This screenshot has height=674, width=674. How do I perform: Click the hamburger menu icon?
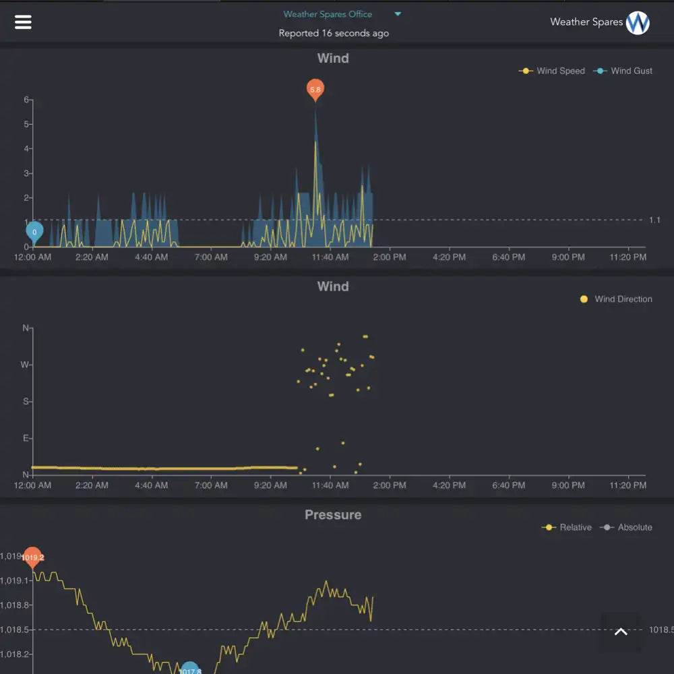pos(23,22)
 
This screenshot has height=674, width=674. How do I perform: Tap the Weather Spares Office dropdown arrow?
pos(398,14)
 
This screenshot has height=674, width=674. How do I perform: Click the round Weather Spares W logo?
pos(638,23)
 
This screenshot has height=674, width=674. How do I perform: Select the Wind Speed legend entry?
pos(552,71)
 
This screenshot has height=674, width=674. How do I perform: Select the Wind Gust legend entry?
pos(623,71)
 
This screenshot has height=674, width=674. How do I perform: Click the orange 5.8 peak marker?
pos(315,89)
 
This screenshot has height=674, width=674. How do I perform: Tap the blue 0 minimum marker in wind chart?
pos(34,232)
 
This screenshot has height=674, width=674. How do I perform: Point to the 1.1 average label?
pos(654,220)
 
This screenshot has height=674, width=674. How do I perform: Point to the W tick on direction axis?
pos(26,365)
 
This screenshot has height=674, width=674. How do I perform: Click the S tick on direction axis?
pos(26,402)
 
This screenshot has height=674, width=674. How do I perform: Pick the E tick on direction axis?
pos(26,438)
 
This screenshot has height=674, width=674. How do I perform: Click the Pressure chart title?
pos(333,515)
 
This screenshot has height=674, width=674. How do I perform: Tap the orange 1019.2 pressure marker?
pos(32,557)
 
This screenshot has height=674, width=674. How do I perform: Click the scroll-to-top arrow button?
pos(621,632)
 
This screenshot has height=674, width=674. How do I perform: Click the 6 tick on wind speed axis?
pos(26,100)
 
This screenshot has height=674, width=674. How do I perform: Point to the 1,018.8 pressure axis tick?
pos(15,605)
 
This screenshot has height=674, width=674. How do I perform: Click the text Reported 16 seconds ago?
pos(334,33)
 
